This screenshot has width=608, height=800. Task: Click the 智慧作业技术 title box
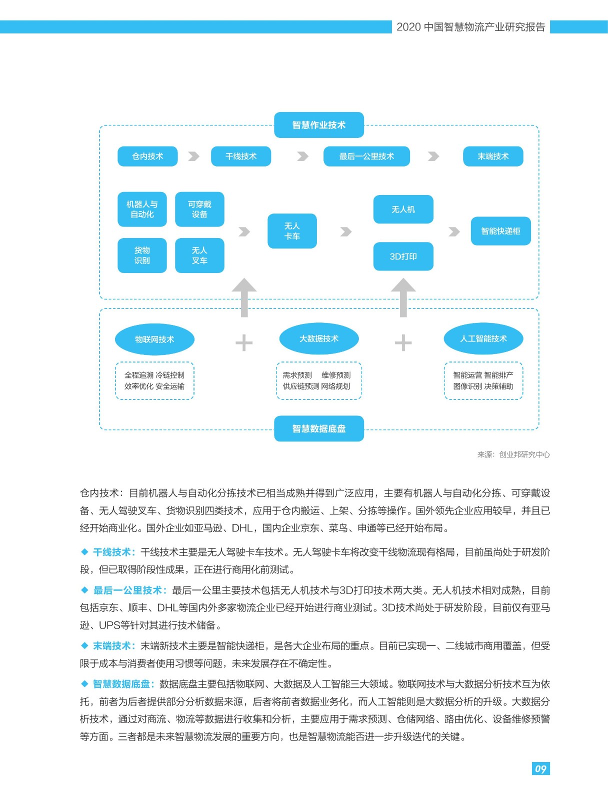click(318, 125)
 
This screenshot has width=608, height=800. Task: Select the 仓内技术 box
click(147, 156)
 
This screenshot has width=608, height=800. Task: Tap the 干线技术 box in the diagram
click(241, 156)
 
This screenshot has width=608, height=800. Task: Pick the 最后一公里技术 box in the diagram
click(366, 156)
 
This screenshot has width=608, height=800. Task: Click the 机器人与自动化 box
click(142, 209)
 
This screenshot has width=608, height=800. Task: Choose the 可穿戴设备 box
click(199, 209)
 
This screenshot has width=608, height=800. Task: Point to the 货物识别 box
click(142, 255)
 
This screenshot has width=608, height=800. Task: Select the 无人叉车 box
click(199, 255)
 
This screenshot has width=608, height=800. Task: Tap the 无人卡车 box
click(292, 231)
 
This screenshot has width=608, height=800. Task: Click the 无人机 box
click(403, 209)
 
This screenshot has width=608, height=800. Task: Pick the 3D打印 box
click(403, 256)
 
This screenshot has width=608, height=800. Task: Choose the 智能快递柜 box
click(500, 231)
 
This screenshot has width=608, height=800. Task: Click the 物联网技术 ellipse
click(154, 339)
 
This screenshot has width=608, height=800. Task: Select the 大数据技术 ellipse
click(319, 338)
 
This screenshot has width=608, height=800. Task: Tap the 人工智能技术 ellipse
click(483, 338)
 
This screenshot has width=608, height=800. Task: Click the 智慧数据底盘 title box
click(318, 428)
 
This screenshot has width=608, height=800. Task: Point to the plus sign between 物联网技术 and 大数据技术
click(244, 343)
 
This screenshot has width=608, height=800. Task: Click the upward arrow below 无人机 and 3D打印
click(403, 297)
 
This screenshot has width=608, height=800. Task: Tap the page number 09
click(540, 768)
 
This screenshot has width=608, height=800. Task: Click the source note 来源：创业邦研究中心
click(513, 454)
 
